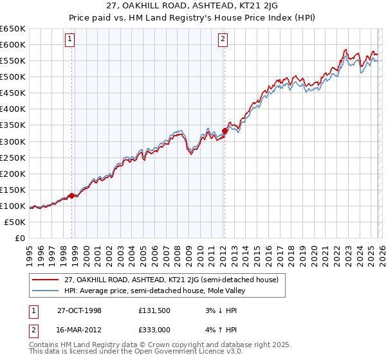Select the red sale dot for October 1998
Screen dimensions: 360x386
click(x=72, y=195)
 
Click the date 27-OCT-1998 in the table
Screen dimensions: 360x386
click(x=79, y=310)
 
